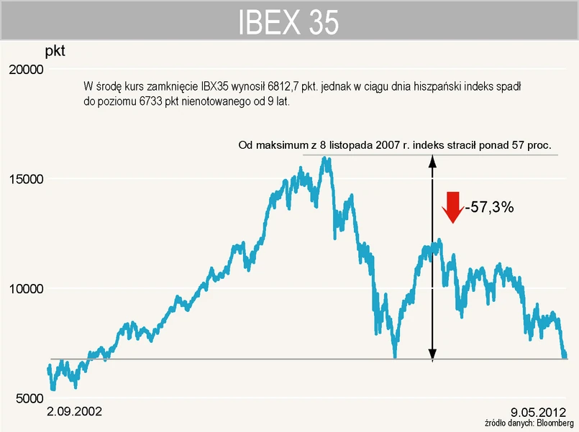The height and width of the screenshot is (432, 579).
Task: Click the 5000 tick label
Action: pos(29,398)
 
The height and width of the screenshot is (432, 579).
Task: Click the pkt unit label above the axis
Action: pos(55,52)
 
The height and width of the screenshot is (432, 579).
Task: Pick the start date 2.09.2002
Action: pos(74,412)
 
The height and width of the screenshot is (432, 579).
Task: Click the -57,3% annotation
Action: pos(489,207)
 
